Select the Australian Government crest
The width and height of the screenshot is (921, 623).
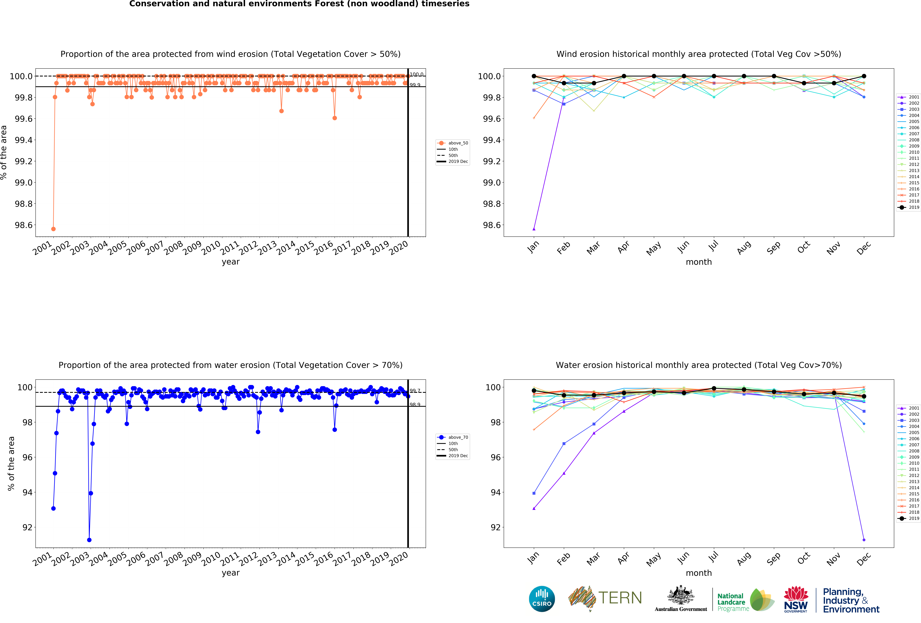click(x=680, y=595)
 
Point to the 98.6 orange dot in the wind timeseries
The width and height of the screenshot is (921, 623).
click(x=53, y=229)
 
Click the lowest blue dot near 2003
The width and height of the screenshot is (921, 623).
click(x=89, y=540)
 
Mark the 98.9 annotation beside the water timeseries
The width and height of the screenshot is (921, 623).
click(x=415, y=404)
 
